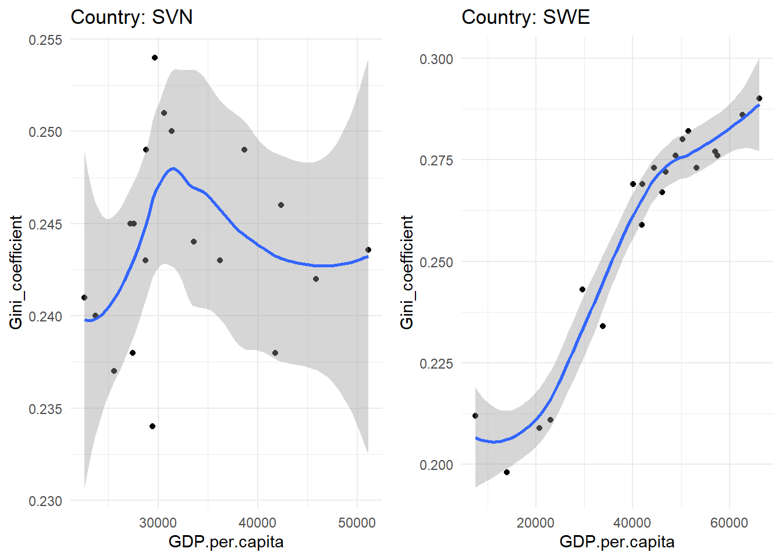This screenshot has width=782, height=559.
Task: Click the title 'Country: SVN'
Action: click(131, 17)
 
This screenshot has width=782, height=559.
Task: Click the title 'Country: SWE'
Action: click(525, 17)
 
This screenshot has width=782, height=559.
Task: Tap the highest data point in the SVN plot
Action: click(155, 58)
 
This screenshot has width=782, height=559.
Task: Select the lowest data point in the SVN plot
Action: click(152, 426)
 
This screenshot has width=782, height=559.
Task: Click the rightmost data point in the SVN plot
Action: click(368, 250)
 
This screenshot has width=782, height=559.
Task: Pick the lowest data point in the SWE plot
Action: click(507, 472)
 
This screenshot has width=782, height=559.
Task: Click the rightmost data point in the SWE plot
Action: click(759, 98)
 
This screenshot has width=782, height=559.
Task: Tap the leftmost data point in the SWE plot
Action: click(475, 416)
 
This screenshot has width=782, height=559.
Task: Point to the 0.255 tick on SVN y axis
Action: click(45, 40)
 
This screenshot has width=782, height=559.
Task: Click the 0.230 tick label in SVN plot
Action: click(45, 501)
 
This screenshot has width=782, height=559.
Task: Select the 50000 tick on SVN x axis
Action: click(357, 523)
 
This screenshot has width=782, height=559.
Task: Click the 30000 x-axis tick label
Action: click(158, 523)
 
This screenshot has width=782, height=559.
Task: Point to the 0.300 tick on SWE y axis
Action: click(436, 59)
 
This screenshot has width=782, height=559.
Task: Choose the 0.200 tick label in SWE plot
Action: click(436, 465)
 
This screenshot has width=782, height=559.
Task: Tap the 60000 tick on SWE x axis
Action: click(729, 523)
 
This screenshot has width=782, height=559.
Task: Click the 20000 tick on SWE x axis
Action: click(535, 523)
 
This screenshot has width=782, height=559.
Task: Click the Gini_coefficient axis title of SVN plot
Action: click(16, 272)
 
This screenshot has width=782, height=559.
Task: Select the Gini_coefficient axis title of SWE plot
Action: click(407, 272)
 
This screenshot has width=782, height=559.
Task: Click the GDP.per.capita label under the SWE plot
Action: click(617, 542)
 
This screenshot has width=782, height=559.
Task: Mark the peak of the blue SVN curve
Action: click(173, 168)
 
